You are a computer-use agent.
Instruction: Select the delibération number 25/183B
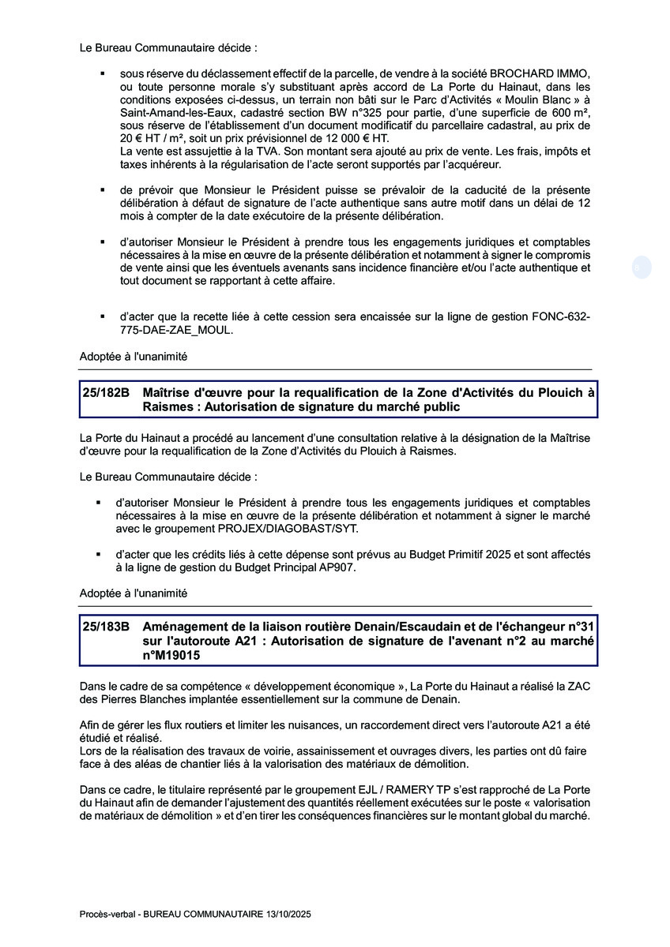(x=106, y=627)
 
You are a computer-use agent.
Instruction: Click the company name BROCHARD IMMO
(x=538, y=73)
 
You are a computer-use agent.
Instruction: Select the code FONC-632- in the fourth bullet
(x=561, y=316)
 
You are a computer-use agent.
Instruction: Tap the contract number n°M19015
(x=172, y=655)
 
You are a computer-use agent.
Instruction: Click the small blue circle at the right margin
(x=642, y=268)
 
